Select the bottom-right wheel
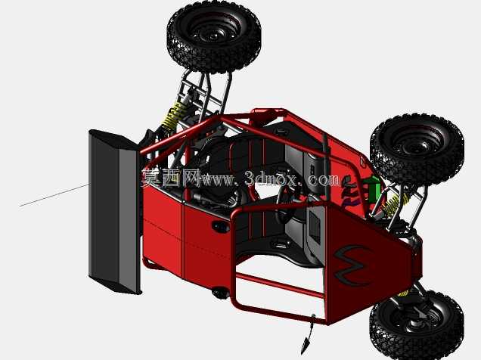417,325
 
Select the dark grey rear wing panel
114,211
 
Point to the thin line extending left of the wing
54,195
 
